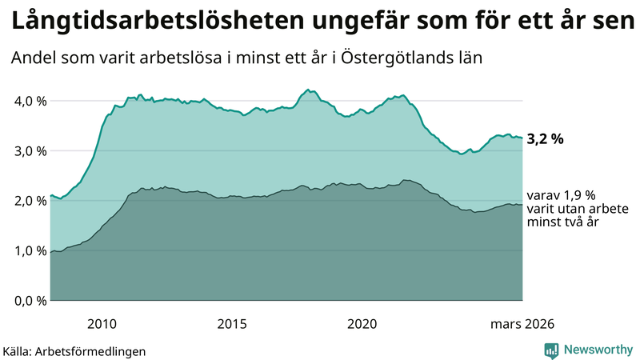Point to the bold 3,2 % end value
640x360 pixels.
(545, 138)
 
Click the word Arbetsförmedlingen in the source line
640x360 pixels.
(96, 350)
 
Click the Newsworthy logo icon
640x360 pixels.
(551, 350)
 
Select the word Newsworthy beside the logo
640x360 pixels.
(597, 350)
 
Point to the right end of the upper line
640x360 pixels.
(522, 138)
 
